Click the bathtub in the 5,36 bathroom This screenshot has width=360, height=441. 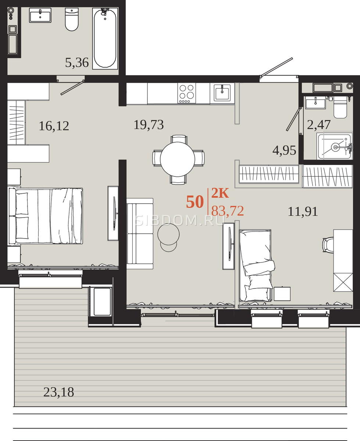click(105, 39)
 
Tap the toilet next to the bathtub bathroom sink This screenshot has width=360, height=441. click(72, 19)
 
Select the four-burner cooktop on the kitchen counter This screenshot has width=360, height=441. click(186, 93)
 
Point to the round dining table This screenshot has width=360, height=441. click(178, 159)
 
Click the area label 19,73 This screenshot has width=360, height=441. click(149, 125)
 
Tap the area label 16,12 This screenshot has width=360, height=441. click(54, 126)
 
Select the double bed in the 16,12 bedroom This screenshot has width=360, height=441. click(45, 216)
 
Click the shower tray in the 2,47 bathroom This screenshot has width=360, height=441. click(335, 146)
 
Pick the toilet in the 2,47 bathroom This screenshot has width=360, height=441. click(341, 107)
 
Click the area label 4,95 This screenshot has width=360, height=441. click(284, 151)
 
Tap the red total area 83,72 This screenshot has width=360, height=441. click(228, 211)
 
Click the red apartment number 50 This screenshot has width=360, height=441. click(195, 202)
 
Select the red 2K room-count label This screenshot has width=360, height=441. click(220, 193)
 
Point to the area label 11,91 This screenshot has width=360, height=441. click(303, 211)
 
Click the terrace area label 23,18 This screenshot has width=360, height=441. click(59, 392)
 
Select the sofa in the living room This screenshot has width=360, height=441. click(140, 234)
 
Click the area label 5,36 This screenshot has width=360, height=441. click(77, 62)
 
